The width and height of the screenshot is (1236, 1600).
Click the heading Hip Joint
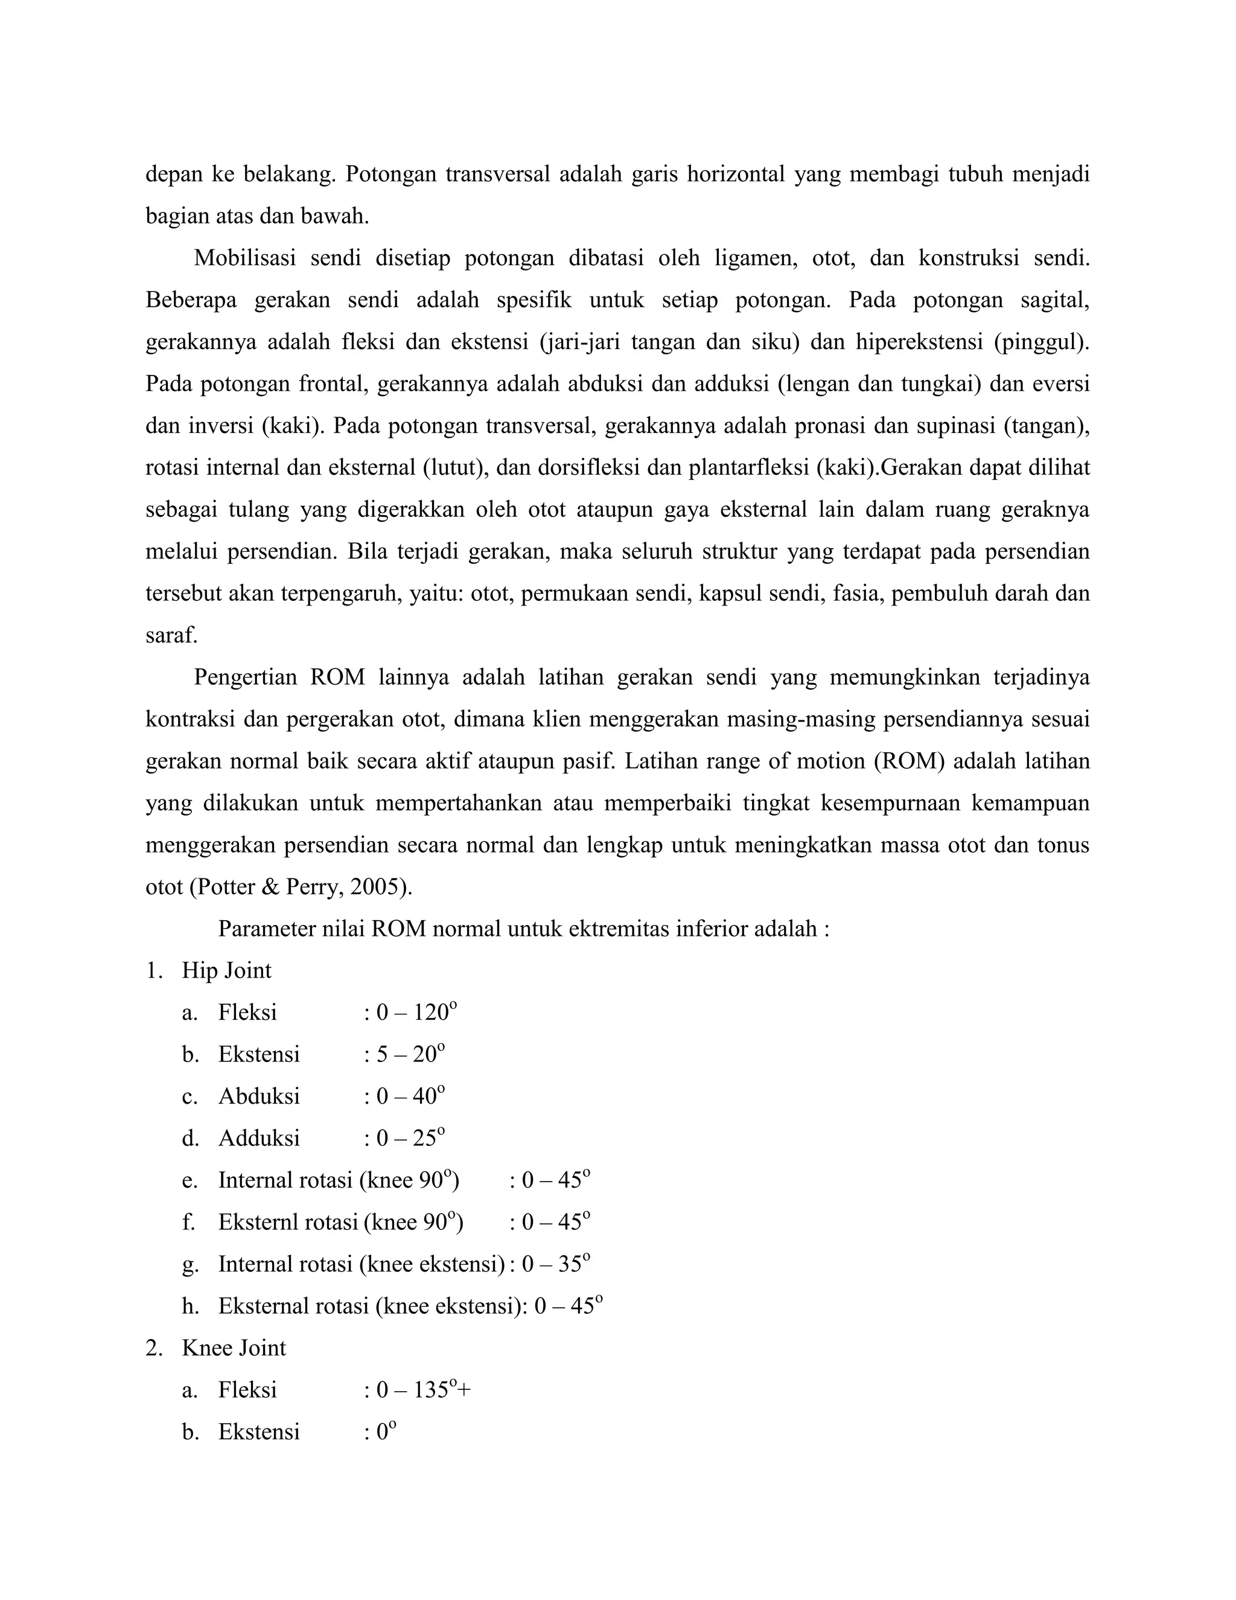tap(226, 971)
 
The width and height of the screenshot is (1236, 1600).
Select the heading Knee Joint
tap(234, 1348)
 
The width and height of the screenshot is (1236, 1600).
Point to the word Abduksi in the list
tap(259, 1096)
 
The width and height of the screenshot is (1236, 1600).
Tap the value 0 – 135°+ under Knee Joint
tap(423, 1390)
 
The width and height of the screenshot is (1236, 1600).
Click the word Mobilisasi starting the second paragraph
tap(244, 258)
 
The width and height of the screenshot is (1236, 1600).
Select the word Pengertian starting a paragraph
tap(245, 677)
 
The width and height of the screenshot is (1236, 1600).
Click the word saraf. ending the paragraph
tap(171, 635)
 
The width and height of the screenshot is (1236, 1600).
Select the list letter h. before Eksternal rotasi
tap(190, 1306)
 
